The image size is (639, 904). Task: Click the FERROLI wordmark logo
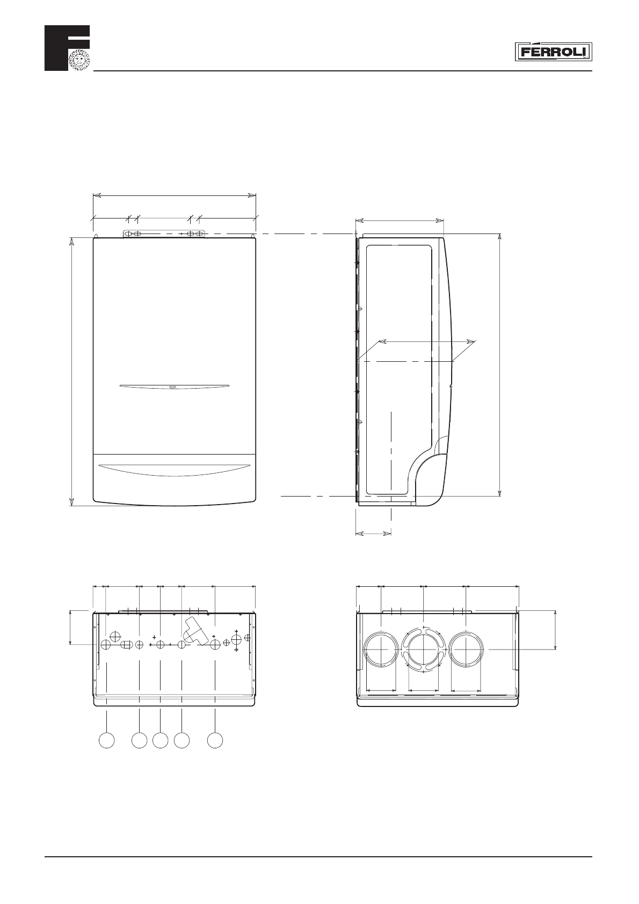(x=553, y=52)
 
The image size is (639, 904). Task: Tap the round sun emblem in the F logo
(x=79, y=60)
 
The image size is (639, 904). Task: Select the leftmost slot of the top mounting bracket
(x=128, y=234)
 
